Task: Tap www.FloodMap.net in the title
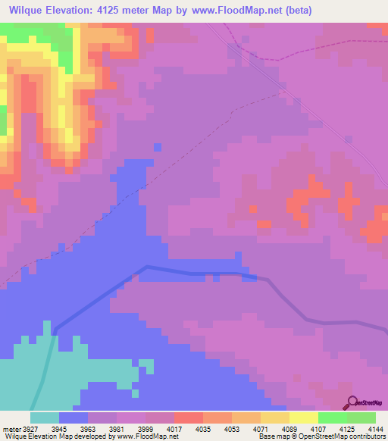point(233,11)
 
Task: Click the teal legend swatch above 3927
point(45,417)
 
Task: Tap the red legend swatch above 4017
point(188,417)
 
